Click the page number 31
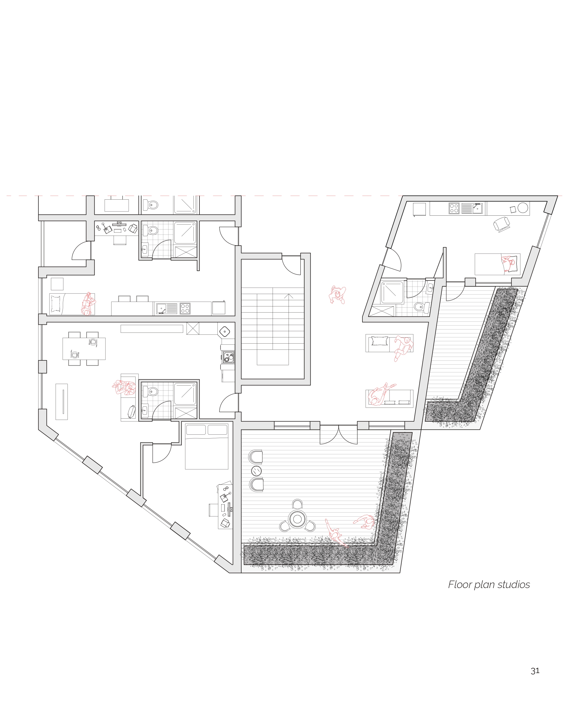point(535,671)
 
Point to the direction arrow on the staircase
point(289,297)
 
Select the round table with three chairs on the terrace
point(297,519)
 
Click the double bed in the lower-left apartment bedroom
point(206,446)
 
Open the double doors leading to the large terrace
point(338,434)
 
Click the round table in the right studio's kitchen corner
point(522,208)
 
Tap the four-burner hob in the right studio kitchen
point(454,208)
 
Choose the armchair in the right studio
point(502,223)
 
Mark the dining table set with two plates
point(84,348)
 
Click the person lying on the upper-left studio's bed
point(88,304)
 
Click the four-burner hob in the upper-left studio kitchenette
point(185,308)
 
